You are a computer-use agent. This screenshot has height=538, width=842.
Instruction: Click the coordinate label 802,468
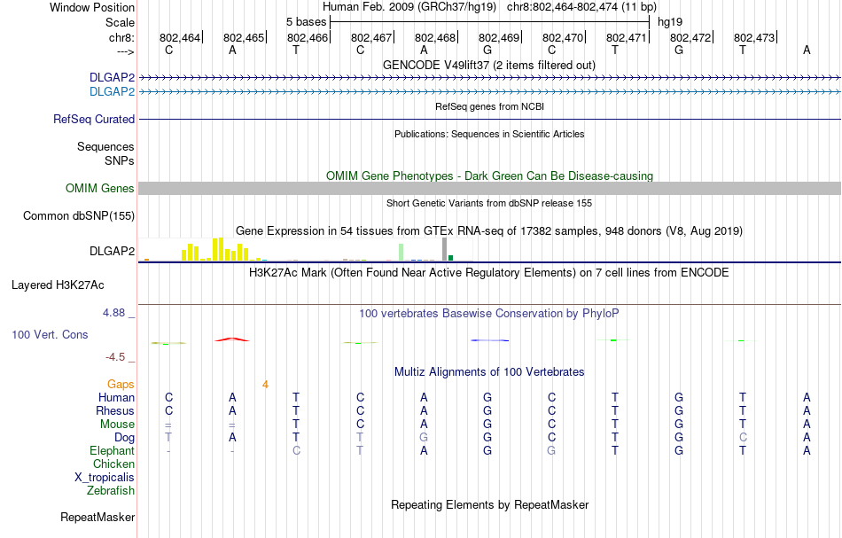point(434,37)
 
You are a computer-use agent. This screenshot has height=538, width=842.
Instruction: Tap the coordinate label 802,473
point(753,37)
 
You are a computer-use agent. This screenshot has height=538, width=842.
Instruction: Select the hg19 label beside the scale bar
point(669,21)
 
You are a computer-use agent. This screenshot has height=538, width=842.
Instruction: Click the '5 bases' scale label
point(306,21)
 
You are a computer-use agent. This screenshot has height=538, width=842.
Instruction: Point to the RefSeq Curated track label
point(94,119)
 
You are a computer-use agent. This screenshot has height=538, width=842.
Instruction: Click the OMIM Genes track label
point(100,188)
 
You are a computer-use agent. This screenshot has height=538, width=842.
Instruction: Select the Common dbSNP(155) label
point(79,215)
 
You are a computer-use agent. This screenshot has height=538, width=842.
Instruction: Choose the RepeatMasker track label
point(97,517)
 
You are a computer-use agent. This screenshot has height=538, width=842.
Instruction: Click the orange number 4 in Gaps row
point(265,384)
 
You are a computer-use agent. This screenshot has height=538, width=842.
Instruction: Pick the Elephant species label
point(113,451)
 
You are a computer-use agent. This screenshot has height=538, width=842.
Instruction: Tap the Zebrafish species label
point(111,490)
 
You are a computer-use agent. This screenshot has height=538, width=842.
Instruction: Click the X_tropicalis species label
point(105,477)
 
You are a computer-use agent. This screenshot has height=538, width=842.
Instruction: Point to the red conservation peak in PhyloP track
point(232,339)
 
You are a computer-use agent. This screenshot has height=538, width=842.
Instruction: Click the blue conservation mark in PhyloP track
point(489,340)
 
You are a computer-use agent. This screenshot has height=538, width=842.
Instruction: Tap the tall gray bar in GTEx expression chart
point(444,249)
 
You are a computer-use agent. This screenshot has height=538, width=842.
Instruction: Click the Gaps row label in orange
point(121,384)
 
